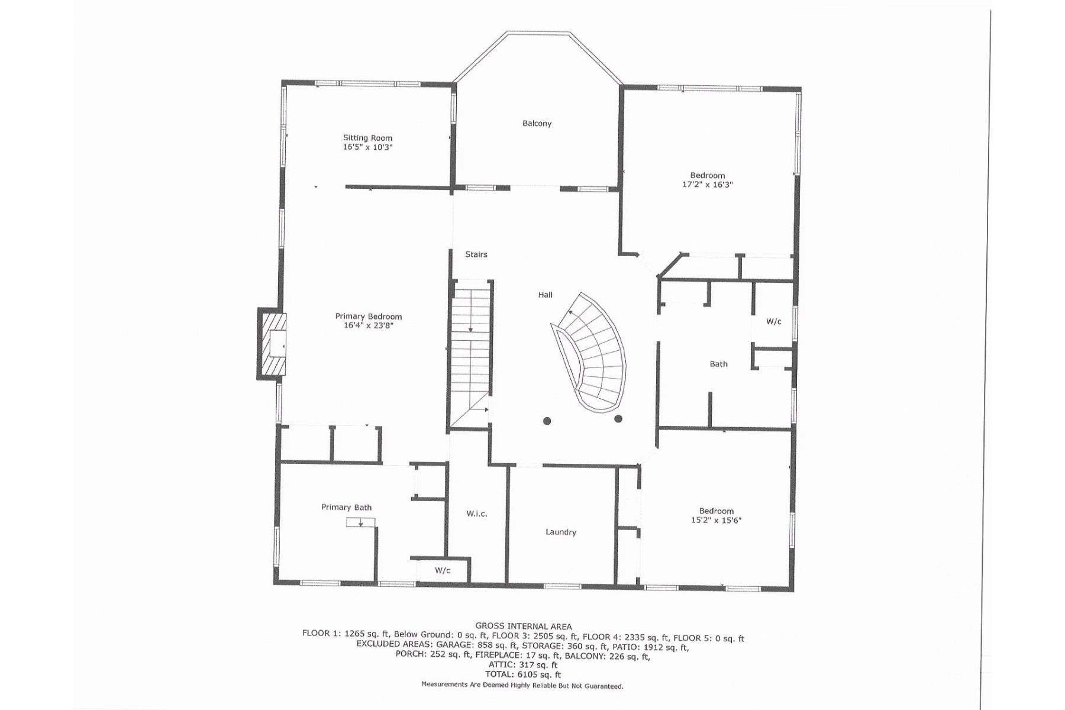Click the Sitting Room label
pyautogui.click(x=367, y=138)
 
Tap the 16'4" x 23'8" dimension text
pyautogui.click(x=368, y=325)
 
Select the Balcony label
pyautogui.click(x=537, y=123)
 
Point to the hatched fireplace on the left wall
pyautogui.click(x=272, y=344)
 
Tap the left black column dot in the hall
pyautogui.click(x=547, y=421)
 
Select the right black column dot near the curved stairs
pyautogui.click(x=618, y=419)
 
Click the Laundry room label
pyautogui.click(x=560, y=532)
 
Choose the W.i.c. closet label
pyautogui.click(x=476, y=514)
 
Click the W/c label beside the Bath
pyautogui.click(x=773, y=321)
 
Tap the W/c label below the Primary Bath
pyautogui.click(x=443, y=570)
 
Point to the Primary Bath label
pyautogui.click(x=346, y=507)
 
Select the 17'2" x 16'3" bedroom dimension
pyautogui.click(x=708, y=185)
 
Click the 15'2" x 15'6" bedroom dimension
pyautogui.click(x=716, y=521)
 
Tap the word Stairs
pyautogui.click(x=476, y=254)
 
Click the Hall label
pyautogui.click(x=545, y=295)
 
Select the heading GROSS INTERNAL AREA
pyautogui.click(x=523, y=626)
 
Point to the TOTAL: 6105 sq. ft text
pyautogui.click(x=523, y=674)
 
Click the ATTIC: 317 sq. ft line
pyautogui.click(x=523, y=665)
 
